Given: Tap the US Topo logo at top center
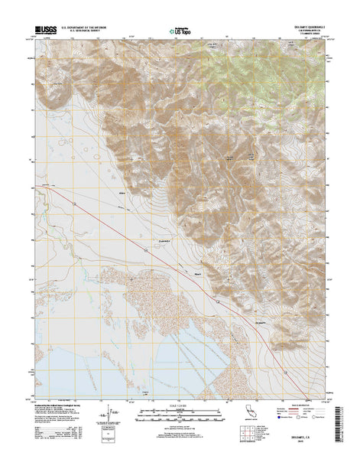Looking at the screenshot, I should (x=179, y=31).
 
